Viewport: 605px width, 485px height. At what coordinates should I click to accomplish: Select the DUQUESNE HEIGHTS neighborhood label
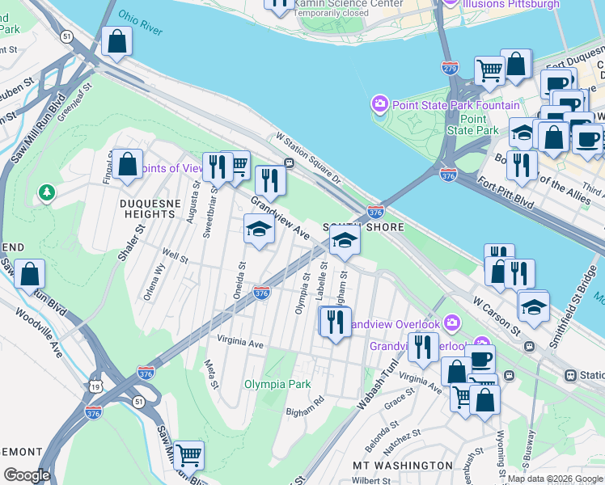[x=149, y=208]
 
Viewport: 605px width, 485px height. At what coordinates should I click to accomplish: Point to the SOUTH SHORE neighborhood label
[x=363, y=227]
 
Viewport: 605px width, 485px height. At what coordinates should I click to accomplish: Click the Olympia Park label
[x=277, y=384]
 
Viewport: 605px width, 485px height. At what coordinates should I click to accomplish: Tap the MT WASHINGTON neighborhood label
[x=403, y=466]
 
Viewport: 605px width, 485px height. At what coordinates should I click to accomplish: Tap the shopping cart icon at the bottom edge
[x=188, y=456]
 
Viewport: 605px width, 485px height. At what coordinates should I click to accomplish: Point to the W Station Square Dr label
[x=310, y=158]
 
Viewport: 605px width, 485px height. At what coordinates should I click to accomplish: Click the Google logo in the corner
[x=27, y=475]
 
